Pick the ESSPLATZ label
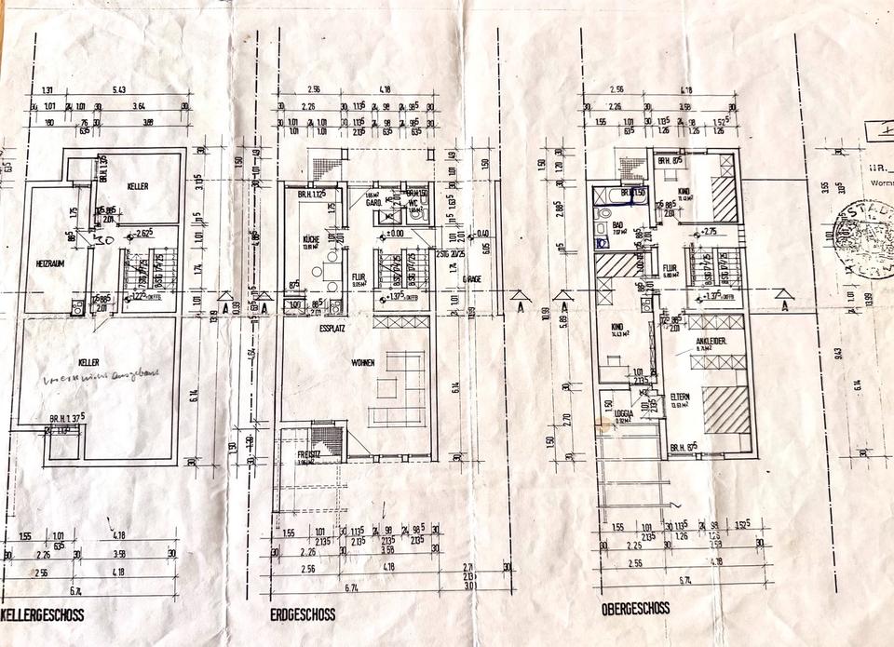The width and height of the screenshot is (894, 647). [x=332, y=328]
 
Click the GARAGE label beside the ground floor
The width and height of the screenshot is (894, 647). [x=472, y=278]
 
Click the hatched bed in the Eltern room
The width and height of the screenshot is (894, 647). [x=726, y=410]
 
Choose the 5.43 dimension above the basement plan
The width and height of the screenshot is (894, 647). [x=118, y=90]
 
